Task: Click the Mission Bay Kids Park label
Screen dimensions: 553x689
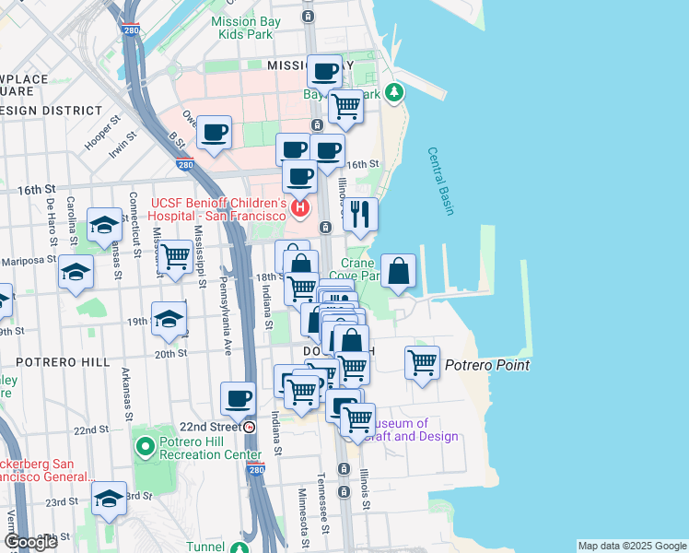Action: pyautogui.click(x=246, y=28)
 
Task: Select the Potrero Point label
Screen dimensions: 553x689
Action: pyautogui.click(x=487, y=365)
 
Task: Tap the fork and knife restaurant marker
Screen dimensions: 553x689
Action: pyautogui.click(x=360, y=214)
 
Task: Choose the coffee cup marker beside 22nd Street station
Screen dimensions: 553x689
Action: pyautogui.click(x=239, y=398)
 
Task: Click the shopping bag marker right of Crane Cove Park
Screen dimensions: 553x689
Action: pyautogui.click(x=398, y=271)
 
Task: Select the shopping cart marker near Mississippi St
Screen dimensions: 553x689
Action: pyautogui.click(x=175, y=257)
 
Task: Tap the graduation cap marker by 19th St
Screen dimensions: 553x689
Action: pyautogui.click(x=169, y=319)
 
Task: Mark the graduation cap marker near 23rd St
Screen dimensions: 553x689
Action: pyautogui.click(x=110, y=499)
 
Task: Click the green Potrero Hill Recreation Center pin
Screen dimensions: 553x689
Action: pyautogui.click(x=145, y=448)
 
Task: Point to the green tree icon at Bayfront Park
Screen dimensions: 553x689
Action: pyautogui.click(x=394, y=91)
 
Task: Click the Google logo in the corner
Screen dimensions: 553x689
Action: pyautogui.click(x=30, y=542)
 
